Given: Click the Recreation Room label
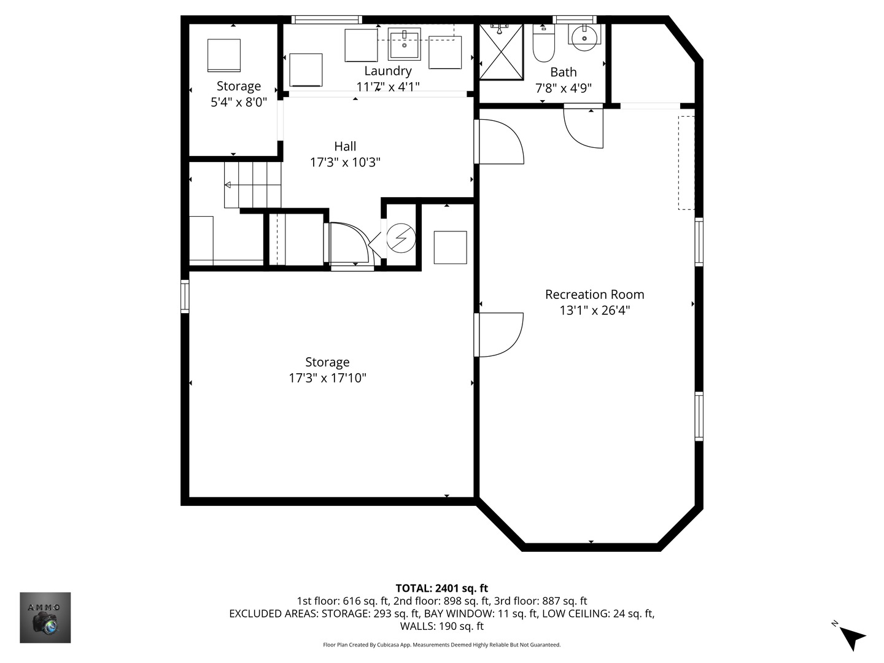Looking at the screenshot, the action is [594, 294].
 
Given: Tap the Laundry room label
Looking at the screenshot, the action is [388, 71].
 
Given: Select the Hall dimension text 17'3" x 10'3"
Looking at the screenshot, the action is [345, 162].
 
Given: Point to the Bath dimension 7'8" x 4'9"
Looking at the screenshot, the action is [564, 88].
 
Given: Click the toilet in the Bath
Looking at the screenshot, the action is [543, 43].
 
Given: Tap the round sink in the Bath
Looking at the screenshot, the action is [584, 38].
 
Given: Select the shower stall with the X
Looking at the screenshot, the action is [502, 52].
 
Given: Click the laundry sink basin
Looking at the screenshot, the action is [405, 44].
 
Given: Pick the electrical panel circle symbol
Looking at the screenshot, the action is [401, 238].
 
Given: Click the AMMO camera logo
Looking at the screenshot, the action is [45, 618].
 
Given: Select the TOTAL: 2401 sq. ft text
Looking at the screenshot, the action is [442, 588].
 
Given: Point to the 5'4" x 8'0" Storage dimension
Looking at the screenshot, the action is [239, 103].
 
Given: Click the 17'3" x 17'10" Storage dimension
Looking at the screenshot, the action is [327, 378].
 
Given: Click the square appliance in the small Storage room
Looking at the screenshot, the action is [224, 55].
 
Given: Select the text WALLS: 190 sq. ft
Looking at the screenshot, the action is [442, 626].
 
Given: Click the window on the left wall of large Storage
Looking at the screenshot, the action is [185, 297].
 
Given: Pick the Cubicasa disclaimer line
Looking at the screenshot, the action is [442, 645].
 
